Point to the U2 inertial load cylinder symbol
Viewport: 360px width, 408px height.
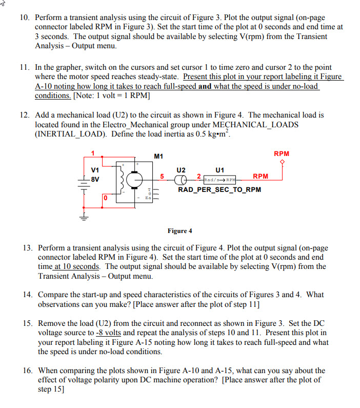click(x=181, y=180)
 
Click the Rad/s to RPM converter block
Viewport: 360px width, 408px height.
click(x=220, y=180)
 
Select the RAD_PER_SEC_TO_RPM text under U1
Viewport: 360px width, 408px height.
click(x=219, y=190)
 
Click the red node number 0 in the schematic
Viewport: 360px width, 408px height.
click(x=105, y=197)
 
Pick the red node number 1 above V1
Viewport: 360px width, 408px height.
click(x=93, y=153)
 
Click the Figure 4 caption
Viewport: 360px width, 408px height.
click(x=179, y=230)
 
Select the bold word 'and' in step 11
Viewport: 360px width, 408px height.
click(x=205, y=86)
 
